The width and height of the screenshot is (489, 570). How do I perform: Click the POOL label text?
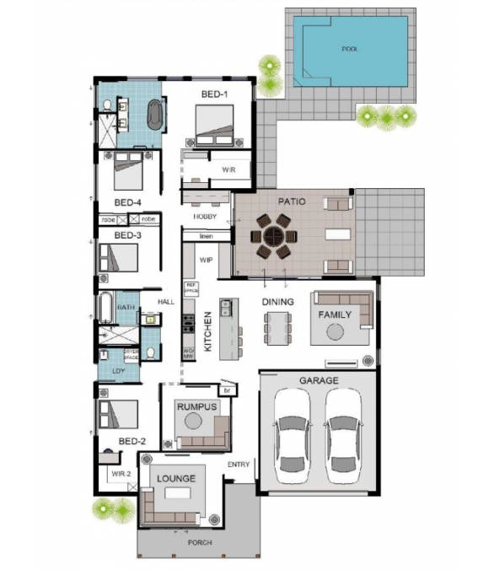tap(349, 50)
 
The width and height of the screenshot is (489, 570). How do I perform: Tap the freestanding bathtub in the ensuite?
tap(156, 116)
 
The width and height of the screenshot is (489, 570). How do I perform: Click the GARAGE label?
tap(319, 381)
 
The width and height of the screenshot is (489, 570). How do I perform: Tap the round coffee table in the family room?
tap(336, 332)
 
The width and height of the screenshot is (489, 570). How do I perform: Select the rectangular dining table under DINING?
tap(277, 328)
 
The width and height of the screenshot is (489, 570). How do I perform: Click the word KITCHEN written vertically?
tap(208, 331)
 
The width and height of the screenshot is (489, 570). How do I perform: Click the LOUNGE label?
tap(175, 479)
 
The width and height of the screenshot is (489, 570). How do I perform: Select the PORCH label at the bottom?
tap(200, 542)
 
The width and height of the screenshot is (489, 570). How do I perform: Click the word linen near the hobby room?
tap(206, 236)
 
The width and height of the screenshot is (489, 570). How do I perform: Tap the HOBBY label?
tap(205, 217)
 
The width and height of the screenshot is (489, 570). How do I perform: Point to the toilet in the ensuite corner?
tap(107, 105)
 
